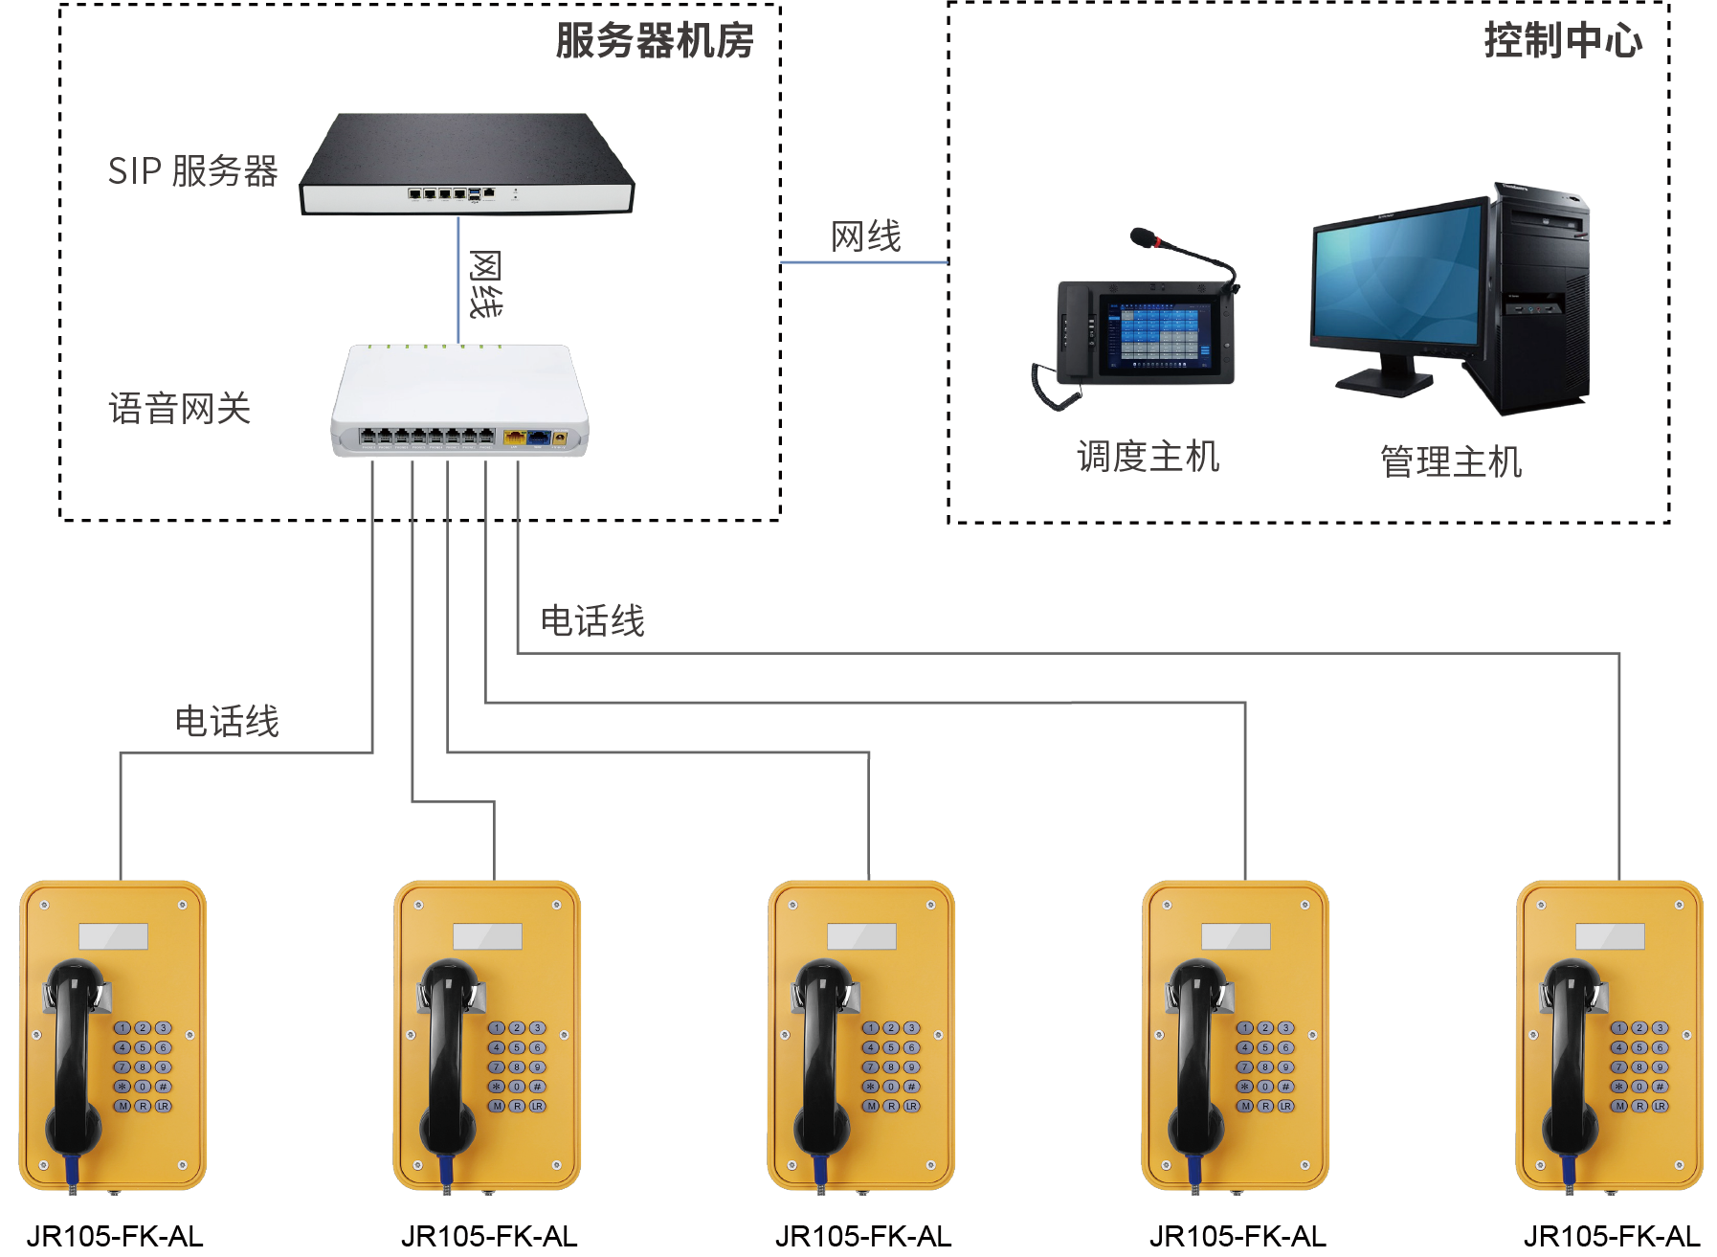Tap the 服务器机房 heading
pyautogui.click(x=655, y=41)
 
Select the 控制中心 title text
pyautogui.click(x=1562, y=41)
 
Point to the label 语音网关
pyautogui.click(x=180, y=409)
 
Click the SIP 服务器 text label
pyautogui.click(x=192, y=171)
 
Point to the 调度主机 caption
pyautogui.click(x=1148, y=457)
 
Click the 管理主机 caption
pyautogui.click(x=1450, y=461)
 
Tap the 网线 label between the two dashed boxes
pyautogui.click(x=865, y=236)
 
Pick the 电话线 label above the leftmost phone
pyautogui.click(x=227, y=722)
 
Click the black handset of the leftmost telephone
pyautogui.click(x=77, y=1053)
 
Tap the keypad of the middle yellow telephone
pyautogui.click(x=891, y=1066)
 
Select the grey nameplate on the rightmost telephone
pyautogui.click(x=1610, y=935)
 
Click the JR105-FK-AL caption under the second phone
pyautogui.click(x=489, y=1236)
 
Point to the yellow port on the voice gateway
pyautogui.click(x=514, y=438)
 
